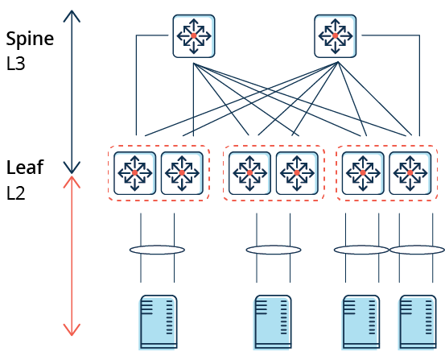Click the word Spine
point(30,39)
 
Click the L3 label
point(15,64)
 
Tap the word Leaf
point(25,167)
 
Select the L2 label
point(15,193)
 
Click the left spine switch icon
point(194,36)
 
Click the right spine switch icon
point(336,36)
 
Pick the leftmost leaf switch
point(135,173)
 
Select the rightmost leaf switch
point(410,173)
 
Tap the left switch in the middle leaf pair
point(249,173)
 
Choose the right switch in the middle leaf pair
point(297,173)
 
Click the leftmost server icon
point(158,322)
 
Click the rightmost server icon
point(418,322)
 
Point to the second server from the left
point(273,322)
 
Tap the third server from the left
point(361,322)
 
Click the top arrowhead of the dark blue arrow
point(72,11)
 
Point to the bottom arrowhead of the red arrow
point(72,335)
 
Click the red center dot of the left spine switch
point(194,35)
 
